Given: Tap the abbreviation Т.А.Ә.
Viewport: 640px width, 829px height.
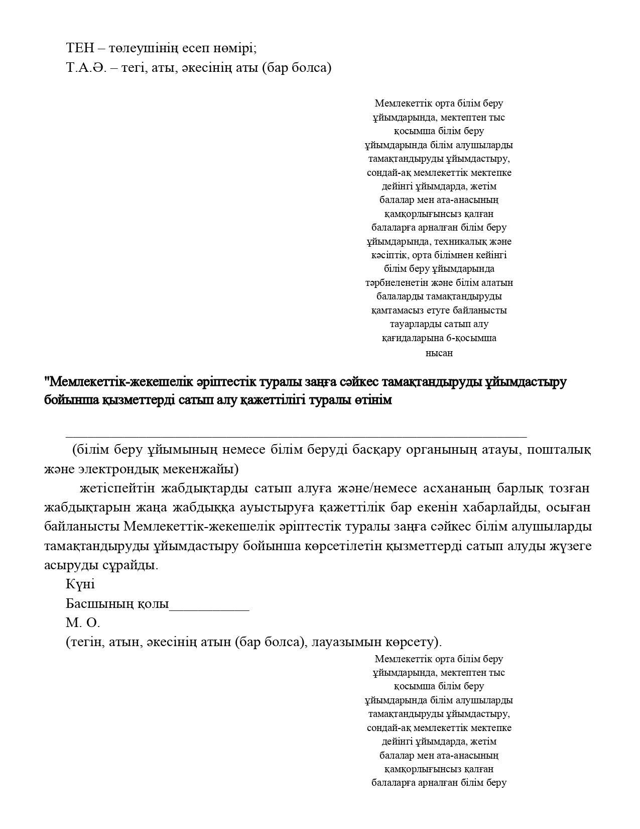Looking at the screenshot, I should point(86,67).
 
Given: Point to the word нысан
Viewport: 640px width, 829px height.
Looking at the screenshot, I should point(439,353).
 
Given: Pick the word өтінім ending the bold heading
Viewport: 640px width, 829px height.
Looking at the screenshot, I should point(373,400).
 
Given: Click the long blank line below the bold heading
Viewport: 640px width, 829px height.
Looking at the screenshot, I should point(296,436).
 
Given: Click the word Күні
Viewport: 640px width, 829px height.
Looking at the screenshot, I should point(80,584).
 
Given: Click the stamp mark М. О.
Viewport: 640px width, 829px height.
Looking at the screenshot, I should point(83,623).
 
